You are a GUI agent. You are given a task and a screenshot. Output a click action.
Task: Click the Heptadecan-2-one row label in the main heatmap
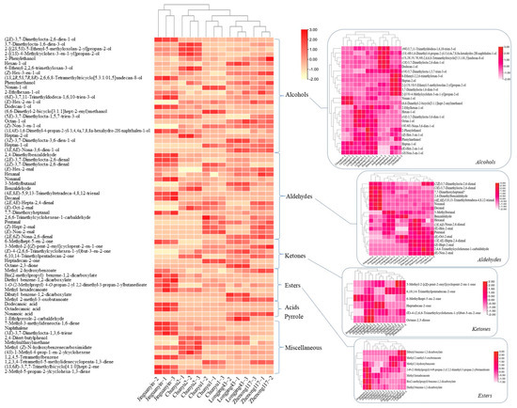coord(27,259)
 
